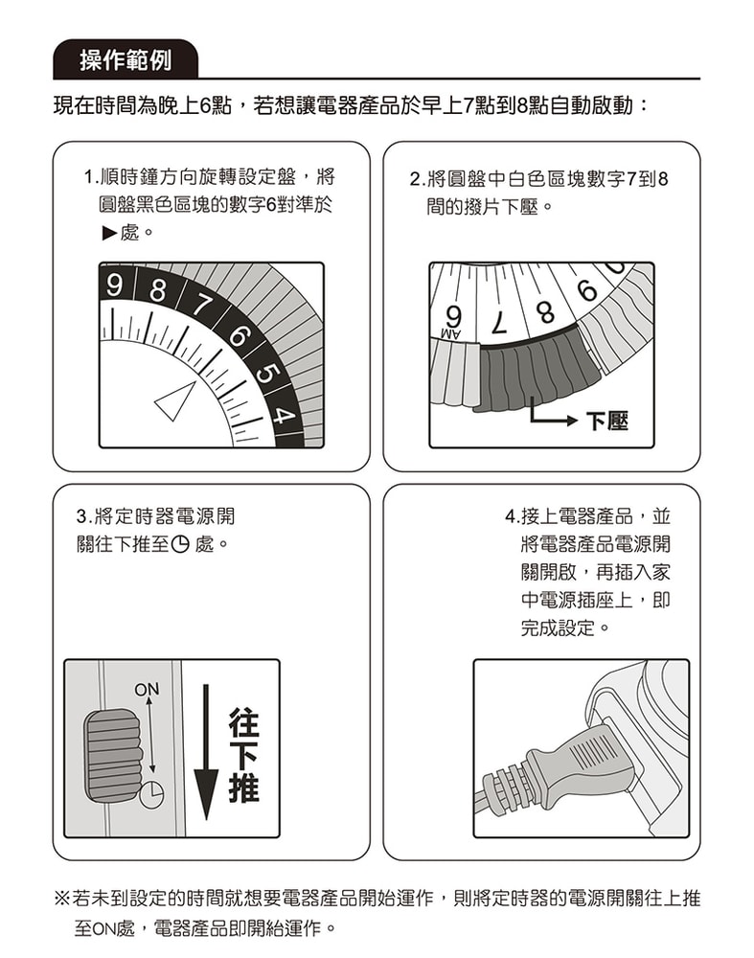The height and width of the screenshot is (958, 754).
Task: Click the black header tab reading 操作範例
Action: (126, 60)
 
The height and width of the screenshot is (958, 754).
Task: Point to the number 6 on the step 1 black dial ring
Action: (240, 339)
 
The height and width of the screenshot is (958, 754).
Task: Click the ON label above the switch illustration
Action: (147, 689)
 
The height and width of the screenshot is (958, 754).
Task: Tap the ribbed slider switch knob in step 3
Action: (112, 756)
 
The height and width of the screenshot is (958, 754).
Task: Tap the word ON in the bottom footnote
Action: (102, 929)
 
